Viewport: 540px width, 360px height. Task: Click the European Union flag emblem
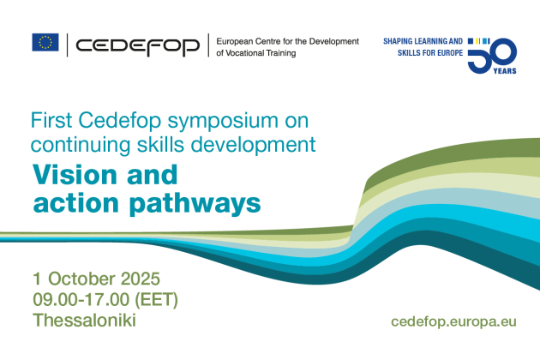point(45,42)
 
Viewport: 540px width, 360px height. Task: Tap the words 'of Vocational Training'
point(256,53)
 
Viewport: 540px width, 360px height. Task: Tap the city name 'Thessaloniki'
point(84,321)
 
